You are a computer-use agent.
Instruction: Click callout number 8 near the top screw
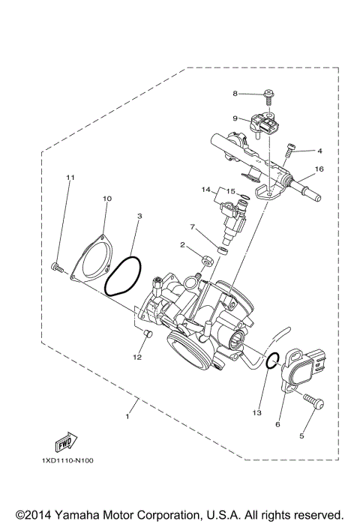point(235,94)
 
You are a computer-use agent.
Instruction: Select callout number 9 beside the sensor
point(235,118)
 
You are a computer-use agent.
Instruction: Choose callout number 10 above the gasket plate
point(106,199)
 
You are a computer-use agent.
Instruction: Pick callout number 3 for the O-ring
point(139,216)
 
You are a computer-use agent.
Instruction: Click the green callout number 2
point(181,244)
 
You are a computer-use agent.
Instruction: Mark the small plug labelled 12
point(145,332)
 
